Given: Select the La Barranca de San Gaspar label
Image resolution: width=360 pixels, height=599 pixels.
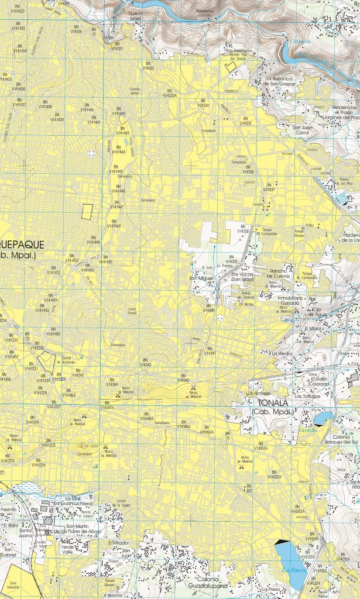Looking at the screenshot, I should click(x=283, y=81).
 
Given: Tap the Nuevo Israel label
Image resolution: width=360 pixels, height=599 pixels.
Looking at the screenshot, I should click(x=135, y=15).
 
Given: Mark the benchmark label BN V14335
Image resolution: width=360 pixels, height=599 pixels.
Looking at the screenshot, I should click(x=246, y=121).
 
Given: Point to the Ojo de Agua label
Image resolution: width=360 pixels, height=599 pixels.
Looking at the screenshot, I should click(x=317, y=311).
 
